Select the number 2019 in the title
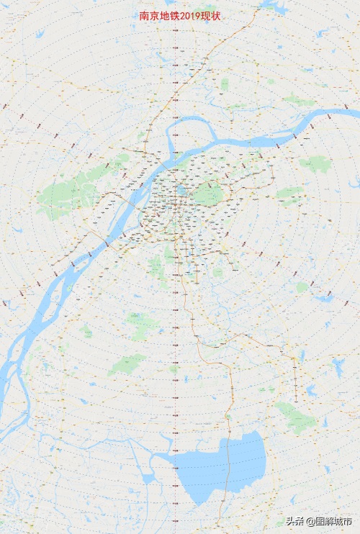[189, 16]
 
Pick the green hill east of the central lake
[209, 194]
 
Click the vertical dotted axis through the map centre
[175, 324]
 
